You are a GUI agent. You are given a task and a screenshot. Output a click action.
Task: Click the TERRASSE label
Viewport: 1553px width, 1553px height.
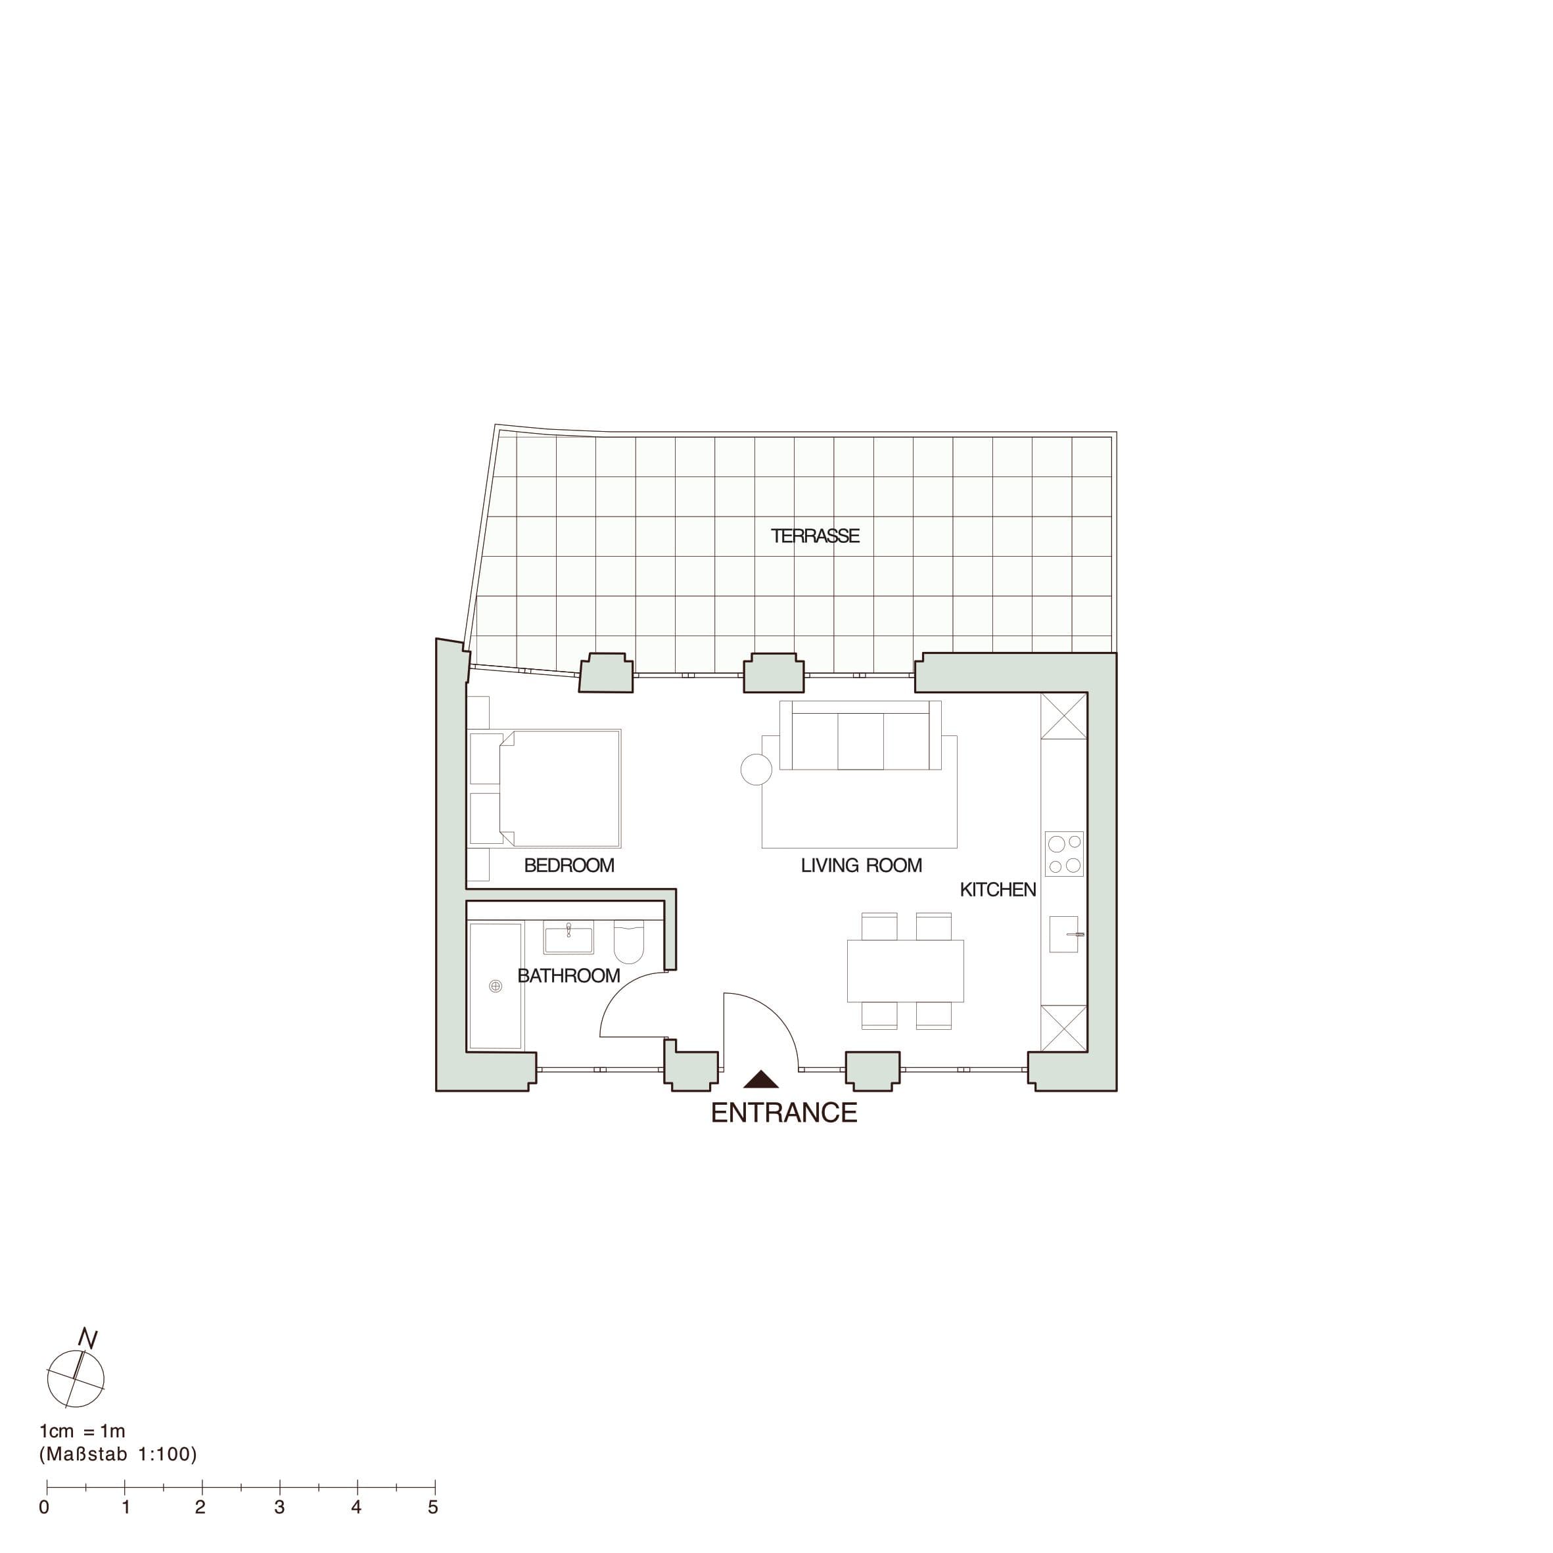coord(815,536)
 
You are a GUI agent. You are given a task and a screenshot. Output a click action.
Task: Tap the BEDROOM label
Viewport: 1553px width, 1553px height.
coord(569,866)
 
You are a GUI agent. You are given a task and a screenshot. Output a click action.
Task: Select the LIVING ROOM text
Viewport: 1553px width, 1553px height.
coord(861,866)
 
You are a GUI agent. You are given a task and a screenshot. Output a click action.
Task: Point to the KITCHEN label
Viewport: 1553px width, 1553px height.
coord(998,890)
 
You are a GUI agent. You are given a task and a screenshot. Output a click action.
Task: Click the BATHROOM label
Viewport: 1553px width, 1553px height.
coord(568,976)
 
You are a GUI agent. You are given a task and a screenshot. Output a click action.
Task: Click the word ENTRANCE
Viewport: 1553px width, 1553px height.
coord(784,1113)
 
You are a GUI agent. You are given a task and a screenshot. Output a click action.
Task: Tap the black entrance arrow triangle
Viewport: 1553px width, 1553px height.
coord(760,1080)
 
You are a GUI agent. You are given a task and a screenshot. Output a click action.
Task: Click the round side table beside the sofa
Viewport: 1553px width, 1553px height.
coord(756,769)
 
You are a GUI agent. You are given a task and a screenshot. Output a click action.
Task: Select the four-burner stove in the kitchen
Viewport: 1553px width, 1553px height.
coord(1064,854)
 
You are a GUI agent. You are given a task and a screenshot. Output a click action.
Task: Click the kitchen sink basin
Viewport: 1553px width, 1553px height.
coord(1063,934)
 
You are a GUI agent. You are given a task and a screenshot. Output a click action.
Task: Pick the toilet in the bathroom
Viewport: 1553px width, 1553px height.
coord(628,942)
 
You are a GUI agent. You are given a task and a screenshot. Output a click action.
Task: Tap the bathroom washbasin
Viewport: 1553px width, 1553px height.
coord(568,937)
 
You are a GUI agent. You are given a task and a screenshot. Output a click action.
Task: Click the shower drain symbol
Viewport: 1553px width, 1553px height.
coord(495,986)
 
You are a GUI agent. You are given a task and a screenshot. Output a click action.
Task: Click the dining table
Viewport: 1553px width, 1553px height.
coord(905,971)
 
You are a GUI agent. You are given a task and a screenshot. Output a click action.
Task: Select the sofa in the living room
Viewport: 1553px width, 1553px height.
coord(860,735)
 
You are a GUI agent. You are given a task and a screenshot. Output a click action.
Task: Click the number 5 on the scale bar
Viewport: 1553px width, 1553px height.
coord(432,1507)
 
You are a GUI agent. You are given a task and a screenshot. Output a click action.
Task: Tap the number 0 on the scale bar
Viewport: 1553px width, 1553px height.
coord(44,1507)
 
